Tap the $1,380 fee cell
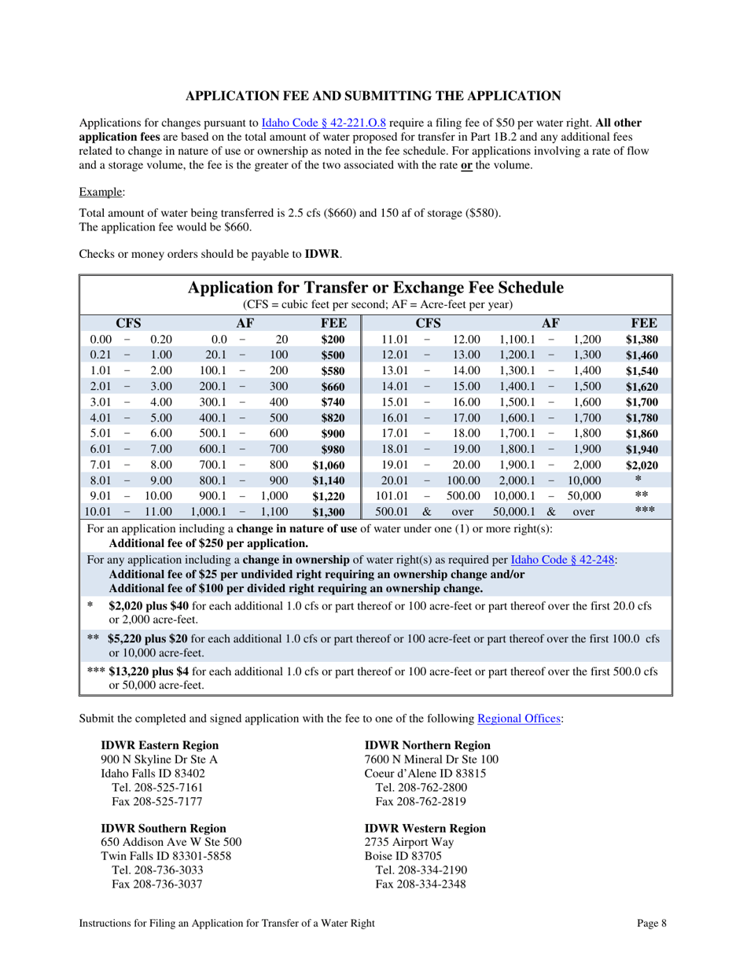pyautogui.click(x=642, y=340)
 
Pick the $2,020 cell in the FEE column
pyautogui.click(x=642, y=465)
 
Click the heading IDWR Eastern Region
pyautogui.click(x=160, y=745)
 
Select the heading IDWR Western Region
pyautogui.click(x=425, y=829)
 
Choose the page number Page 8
pyautogui.click(x=652, y=925)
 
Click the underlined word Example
pyautogui.click(x=101, y=193)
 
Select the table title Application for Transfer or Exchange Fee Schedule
pyautogui.click(x=376, y=288)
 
